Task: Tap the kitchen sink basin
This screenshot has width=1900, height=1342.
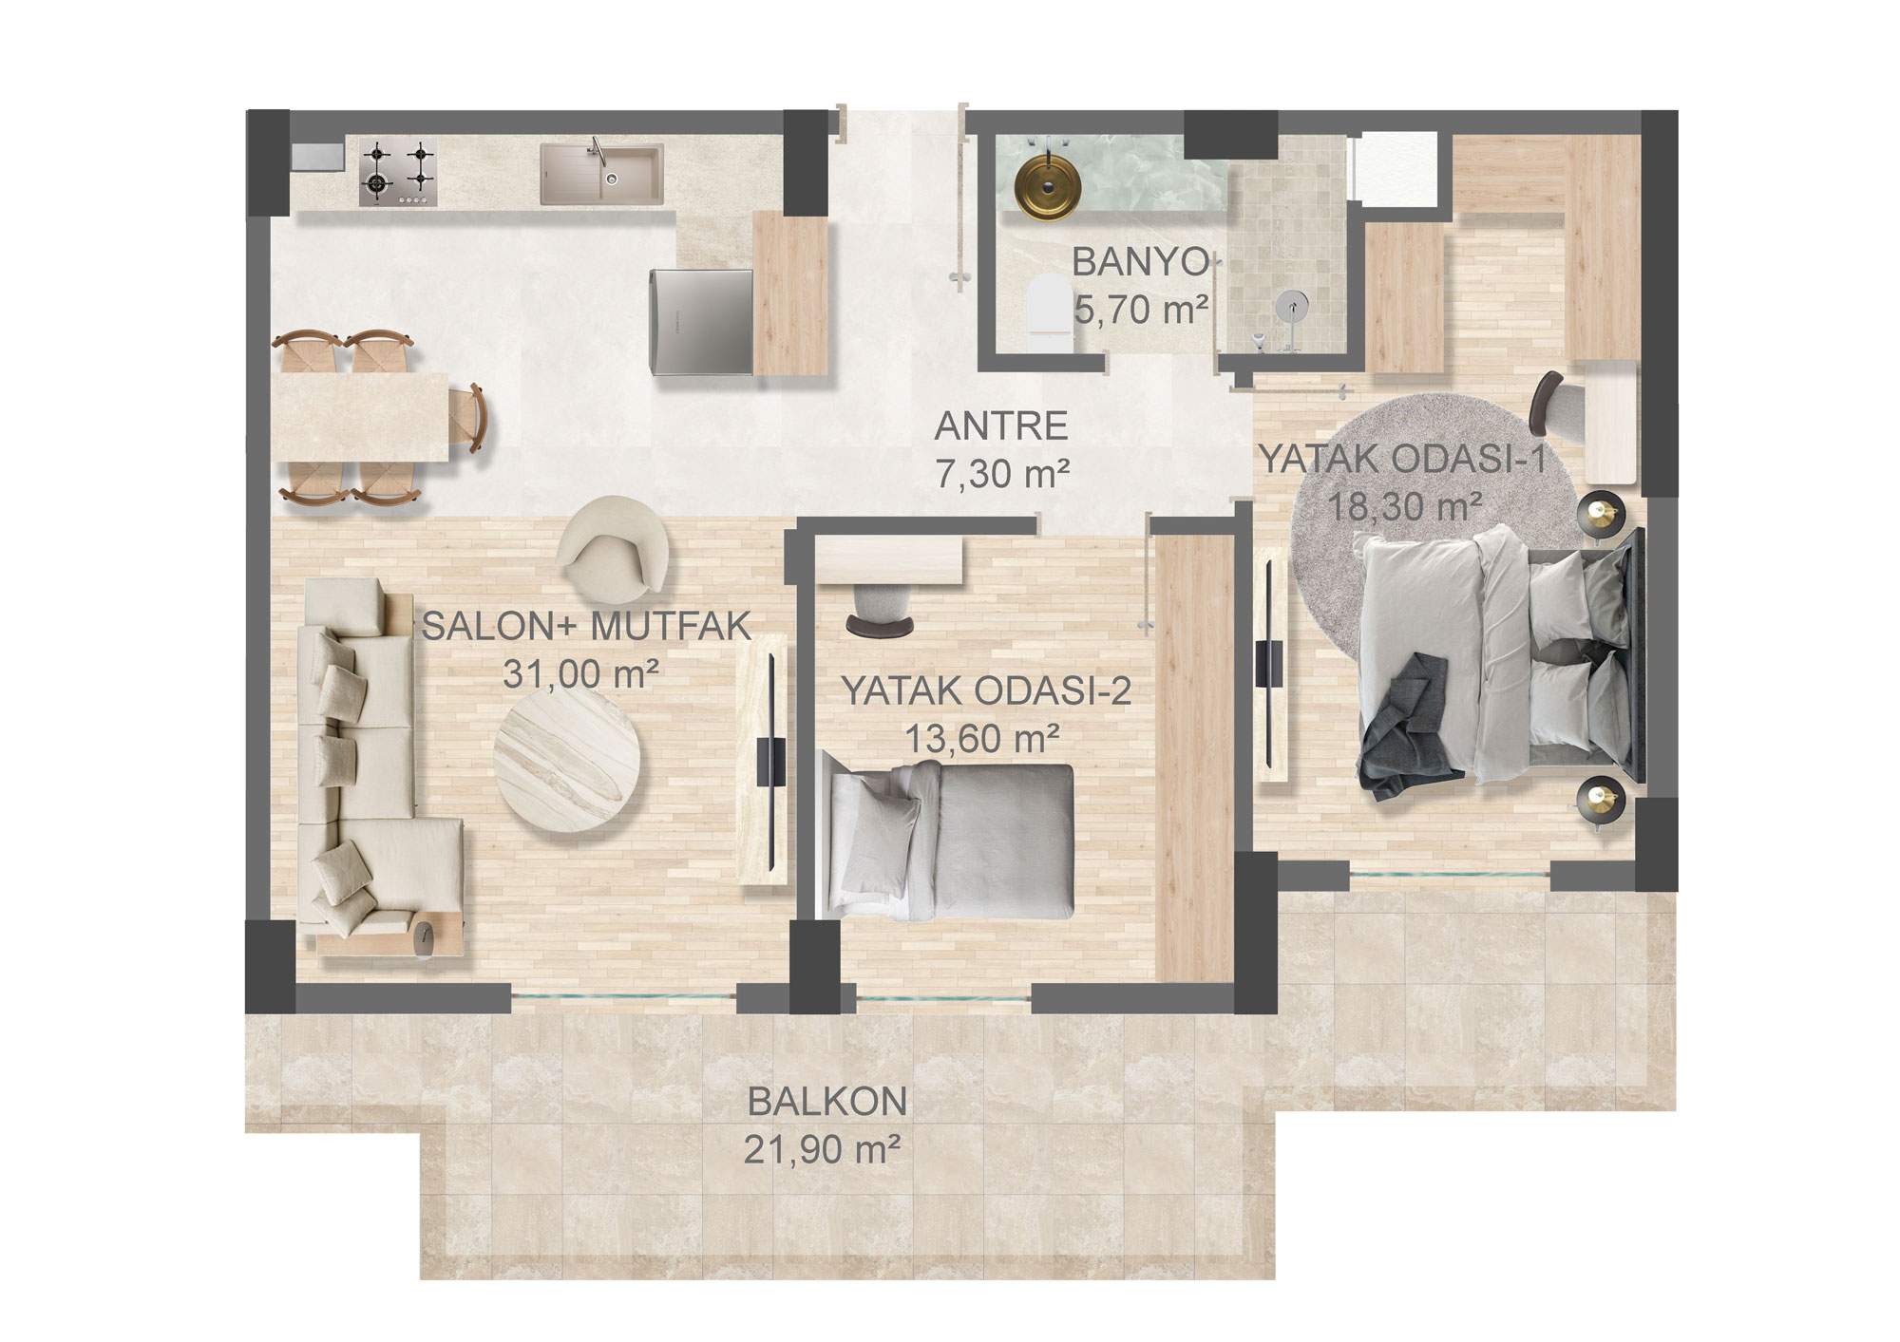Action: (x=600, y=175)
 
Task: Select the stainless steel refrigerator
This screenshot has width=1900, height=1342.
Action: (x=701, y=321)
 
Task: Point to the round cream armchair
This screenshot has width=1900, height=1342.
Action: (x=614, y=552)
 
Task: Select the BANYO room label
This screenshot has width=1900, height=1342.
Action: (x=1140, y=262)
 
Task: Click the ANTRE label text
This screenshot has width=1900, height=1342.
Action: (x=1001, y=426)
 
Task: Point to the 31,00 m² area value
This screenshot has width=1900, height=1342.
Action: (x=580, y=674)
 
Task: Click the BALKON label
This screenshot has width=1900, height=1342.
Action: (x=827, y=1102)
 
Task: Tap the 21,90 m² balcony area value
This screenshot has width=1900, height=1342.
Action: (x=822, y=1150)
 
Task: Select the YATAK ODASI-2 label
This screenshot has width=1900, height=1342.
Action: (x=986, y=690)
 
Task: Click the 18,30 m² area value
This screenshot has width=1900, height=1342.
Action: (x=1404, y=506)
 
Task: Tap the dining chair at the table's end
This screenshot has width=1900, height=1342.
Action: (x=470, y=419)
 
